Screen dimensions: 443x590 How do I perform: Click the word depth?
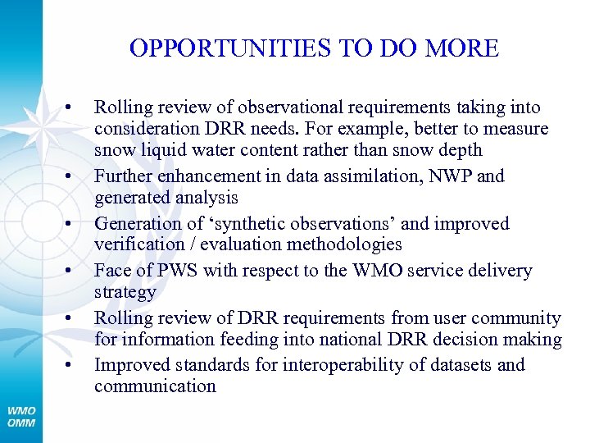coord(461,150)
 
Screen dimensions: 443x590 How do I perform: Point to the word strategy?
coord(125,292)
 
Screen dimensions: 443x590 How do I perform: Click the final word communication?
coord(155,386)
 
